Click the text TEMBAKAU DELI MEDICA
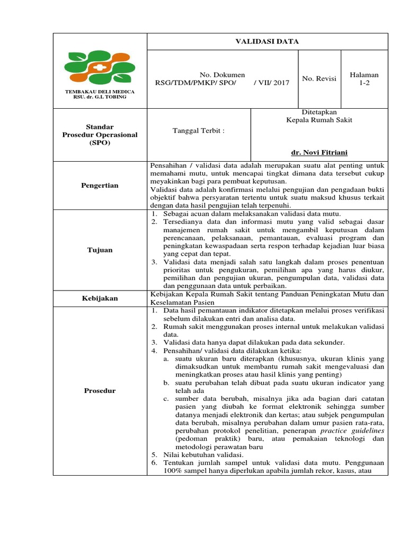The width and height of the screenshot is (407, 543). click(x=100, y=92)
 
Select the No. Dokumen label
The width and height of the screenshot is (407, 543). click(x=222, y=75)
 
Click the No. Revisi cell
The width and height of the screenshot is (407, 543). click(x=319, y=78)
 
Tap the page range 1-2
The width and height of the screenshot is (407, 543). click(x=364, y=83)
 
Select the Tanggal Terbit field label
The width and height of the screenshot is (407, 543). click(x=199, y=130)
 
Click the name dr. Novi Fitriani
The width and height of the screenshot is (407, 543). click(x=319, y=153)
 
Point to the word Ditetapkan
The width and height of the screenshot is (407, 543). click(x=319, y=112)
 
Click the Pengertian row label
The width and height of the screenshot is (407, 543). click(x=100, y=185)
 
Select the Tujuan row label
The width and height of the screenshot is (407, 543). click(x=100, y=250)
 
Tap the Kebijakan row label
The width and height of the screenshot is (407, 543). click(x=100, y=298)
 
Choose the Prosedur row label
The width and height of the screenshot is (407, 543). click(x=100, y=391)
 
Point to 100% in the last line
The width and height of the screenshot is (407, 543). click(x=173, y=470)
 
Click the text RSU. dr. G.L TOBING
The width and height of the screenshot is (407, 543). click(x=100, y=97)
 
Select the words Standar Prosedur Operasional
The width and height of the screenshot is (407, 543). click(x=100, y=130)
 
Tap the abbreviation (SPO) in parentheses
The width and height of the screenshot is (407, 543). click(x=100, y=143)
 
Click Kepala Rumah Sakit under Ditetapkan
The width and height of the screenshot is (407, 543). click(x=319, y=120)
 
